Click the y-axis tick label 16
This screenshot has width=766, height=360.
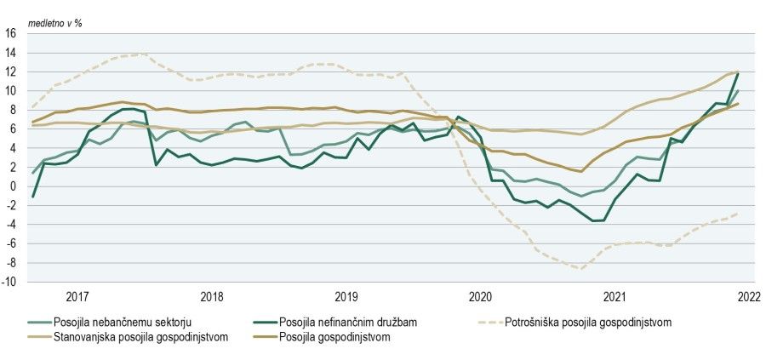coord(10,34)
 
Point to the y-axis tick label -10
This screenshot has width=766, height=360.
coord(9,282)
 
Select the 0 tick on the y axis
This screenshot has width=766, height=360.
coord(13,186)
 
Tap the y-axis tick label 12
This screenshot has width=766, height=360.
coord(10,72)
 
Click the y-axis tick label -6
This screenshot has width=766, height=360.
coord(10,243)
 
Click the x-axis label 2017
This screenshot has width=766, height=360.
coord(77,297)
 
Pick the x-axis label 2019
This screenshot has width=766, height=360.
coord(346,297)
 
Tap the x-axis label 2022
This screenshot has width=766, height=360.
coord(749,297)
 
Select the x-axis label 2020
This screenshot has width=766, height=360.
coord(481,297)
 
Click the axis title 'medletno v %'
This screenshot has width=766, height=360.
coord(57,23)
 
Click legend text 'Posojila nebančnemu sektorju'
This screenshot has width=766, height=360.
coord(123,322)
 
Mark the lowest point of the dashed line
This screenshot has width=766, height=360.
coord(582,269)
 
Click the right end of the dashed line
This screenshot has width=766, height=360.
coord(737,213)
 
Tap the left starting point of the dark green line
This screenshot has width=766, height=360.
coord(33,197)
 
